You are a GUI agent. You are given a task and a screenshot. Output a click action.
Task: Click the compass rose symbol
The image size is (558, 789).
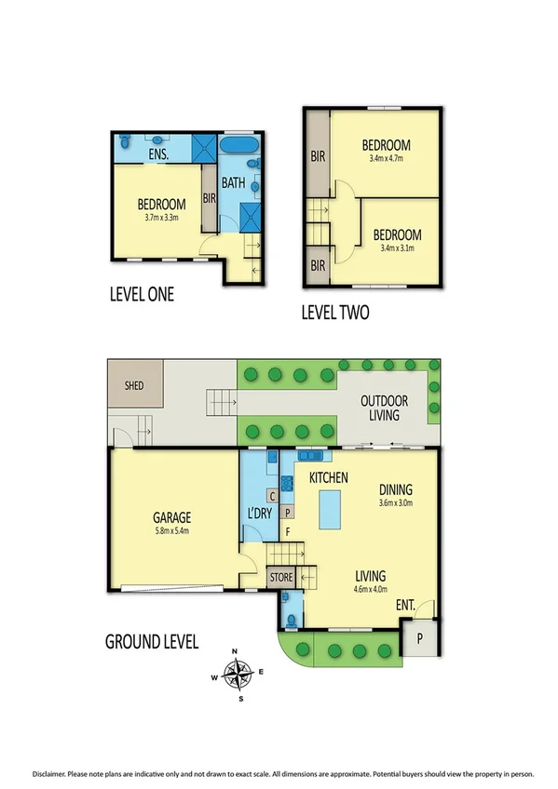pyautogui.click(x=241, y=671)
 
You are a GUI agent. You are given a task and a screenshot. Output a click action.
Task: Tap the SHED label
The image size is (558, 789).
pyautogui.click(x=133, y=384)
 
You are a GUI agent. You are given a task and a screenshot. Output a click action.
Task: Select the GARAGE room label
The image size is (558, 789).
pyautogui.click(x=172, y=518)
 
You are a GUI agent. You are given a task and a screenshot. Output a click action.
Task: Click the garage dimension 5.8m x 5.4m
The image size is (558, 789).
pyautogui.click(x=172, y=532)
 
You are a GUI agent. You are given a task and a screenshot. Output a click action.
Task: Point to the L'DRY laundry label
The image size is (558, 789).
pyautogui.click(x=259, y=514)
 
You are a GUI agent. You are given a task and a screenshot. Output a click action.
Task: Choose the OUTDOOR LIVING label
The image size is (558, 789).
pyautogui.click(x=385, y=408)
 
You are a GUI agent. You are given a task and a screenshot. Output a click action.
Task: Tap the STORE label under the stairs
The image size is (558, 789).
pyautogui.click(x=280, y=578)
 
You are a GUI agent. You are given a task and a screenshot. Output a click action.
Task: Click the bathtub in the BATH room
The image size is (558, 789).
pyautogui.click(x=240, y=147)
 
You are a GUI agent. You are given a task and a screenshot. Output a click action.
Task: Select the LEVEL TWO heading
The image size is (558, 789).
pyautogui.click(x=334, y=313)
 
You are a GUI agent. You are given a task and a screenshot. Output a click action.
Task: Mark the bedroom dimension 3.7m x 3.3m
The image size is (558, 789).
pyautogui.click(x=161, y=219)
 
